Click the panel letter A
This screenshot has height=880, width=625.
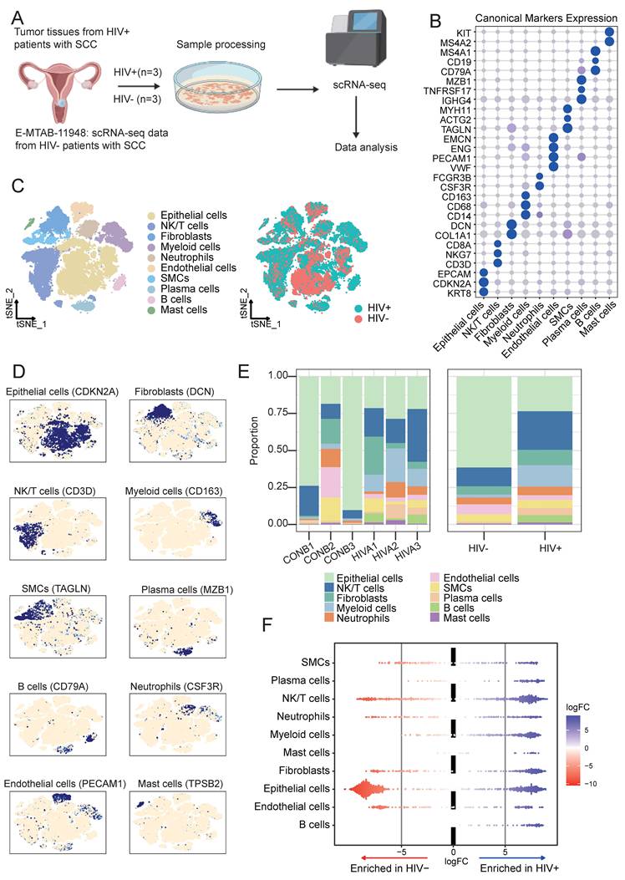point(18,17)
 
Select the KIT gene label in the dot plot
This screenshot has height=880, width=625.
point(464,33)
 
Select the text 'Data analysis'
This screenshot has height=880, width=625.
point(366,148)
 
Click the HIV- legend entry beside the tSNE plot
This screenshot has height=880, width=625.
point(373,318)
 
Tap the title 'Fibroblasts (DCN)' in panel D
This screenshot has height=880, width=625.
point(175,392)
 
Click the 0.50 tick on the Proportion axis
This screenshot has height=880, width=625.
point(277,450)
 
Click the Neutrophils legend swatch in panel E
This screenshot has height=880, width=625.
point(329,618)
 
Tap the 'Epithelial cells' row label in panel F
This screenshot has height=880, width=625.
point(297,789)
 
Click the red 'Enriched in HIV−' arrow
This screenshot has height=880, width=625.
point(395,858)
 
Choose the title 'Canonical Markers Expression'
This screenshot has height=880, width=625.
point(546,18)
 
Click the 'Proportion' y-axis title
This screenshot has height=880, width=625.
point(253,440)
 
